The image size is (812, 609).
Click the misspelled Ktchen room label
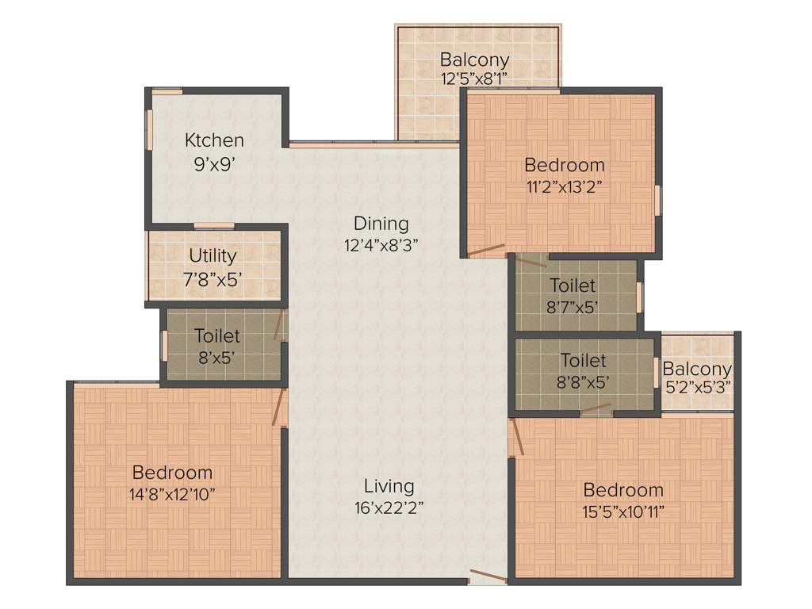pyautogui.click(x=214, y=140)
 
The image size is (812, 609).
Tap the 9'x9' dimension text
pyautogui.click(x=214, y=164)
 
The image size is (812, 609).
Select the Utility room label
pyautogui.click(x=213, y=256)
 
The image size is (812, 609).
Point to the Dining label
pyautogui.click(x=381, y=224)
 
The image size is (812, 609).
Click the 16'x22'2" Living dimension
pyautogui.click(x=389, y=508)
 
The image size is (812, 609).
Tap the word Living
pyautogui.click(x=389, y=485)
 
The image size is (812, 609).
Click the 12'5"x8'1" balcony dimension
pyautogui.click(x=474, y=79)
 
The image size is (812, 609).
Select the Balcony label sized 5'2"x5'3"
pyautogui.click(x=697, y=369)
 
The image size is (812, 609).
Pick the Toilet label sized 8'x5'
pyautogui.click(x=216, y=335)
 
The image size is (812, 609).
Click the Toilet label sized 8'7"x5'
pyautogui.click(x=573, y=285)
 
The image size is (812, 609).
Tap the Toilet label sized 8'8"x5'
pyautogui.click(x=583, y=361)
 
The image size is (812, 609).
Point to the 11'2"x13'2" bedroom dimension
pyautogui.click(x=565, y=188)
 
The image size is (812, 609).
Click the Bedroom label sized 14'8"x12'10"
pyautogui.click(x=172, y=473)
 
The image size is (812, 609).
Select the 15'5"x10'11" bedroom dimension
pyautogui.click(x=623, y=511)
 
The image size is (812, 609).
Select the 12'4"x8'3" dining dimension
pyautogui.click(x=381, y=246)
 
